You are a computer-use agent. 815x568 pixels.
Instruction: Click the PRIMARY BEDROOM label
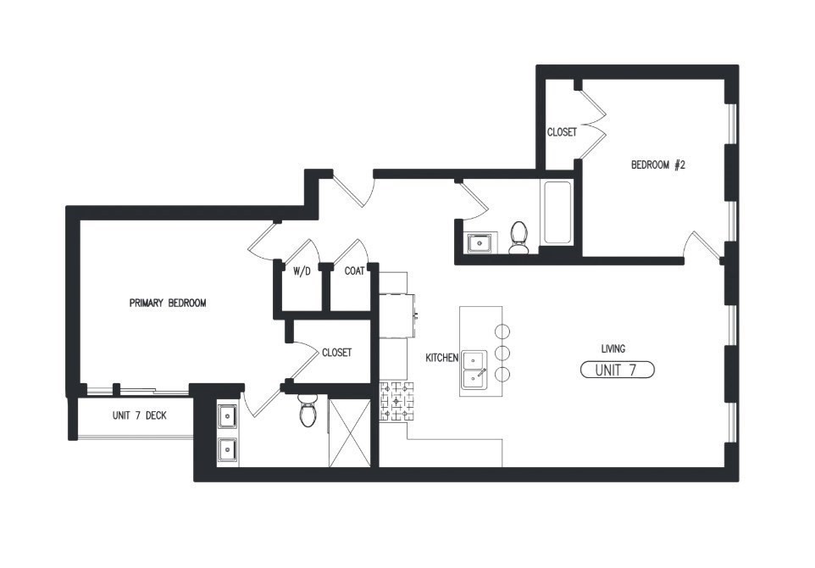(167, 303)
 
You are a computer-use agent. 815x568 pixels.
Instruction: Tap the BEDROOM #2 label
(657, 165)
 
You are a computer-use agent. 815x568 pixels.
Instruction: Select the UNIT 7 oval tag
(617, 370)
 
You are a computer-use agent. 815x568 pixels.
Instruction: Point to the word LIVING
(613, 348)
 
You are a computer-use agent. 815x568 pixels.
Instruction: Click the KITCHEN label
(441, 358)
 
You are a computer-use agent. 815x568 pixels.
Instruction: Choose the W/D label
(302, 272)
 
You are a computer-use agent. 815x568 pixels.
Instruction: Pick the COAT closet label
(354, 272)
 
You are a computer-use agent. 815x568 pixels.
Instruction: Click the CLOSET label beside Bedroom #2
(562, 132)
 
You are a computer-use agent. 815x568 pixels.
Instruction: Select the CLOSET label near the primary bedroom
(336, 353)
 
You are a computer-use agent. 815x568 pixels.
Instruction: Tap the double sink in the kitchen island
(474, 370)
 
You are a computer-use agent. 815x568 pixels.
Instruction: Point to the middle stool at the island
(502, 352)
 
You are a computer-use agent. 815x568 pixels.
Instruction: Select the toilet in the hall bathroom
(518, 237)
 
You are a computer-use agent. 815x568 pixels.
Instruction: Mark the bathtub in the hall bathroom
(557, 212)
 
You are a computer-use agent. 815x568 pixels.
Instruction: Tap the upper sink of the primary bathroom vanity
(228, 416)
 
